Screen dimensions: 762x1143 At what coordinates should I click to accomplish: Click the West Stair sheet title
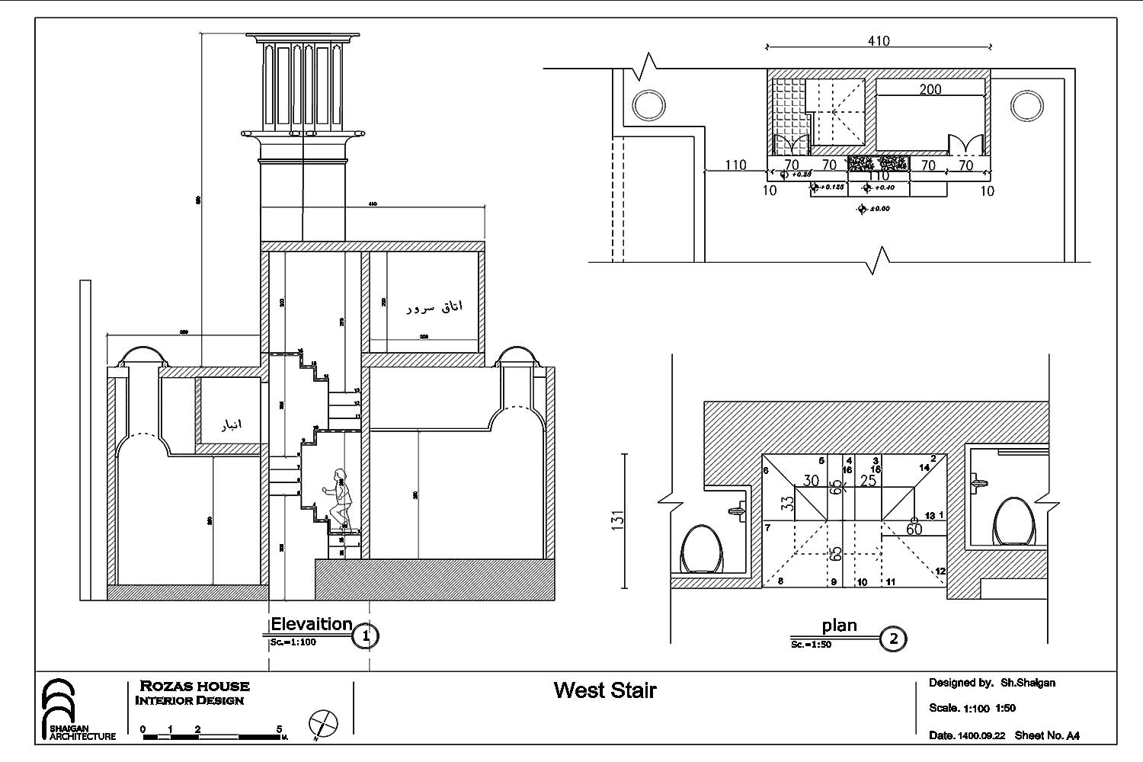point(604,690)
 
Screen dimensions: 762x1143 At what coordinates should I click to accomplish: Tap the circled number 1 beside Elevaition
point(366,636)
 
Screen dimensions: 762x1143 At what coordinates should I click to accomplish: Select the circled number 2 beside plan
point(894,639)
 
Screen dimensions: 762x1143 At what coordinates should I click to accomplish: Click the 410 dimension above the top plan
point(878,40)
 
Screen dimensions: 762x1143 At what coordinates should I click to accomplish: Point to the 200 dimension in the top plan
point(930,89)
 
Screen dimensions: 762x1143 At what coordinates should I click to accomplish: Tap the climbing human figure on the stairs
point(340,499)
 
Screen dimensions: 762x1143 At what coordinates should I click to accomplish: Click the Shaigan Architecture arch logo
point(59,705)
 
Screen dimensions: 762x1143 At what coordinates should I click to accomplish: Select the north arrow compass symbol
point(323,722)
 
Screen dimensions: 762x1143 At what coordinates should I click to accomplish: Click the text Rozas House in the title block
point(194,686)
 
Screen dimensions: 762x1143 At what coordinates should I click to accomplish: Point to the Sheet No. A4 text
point(1047,735)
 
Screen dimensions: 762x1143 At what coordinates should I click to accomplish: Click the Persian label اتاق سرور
point(434,307)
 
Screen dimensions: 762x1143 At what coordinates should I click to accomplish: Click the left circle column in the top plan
point(648,104)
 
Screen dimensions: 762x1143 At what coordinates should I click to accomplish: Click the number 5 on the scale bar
point(279,729)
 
